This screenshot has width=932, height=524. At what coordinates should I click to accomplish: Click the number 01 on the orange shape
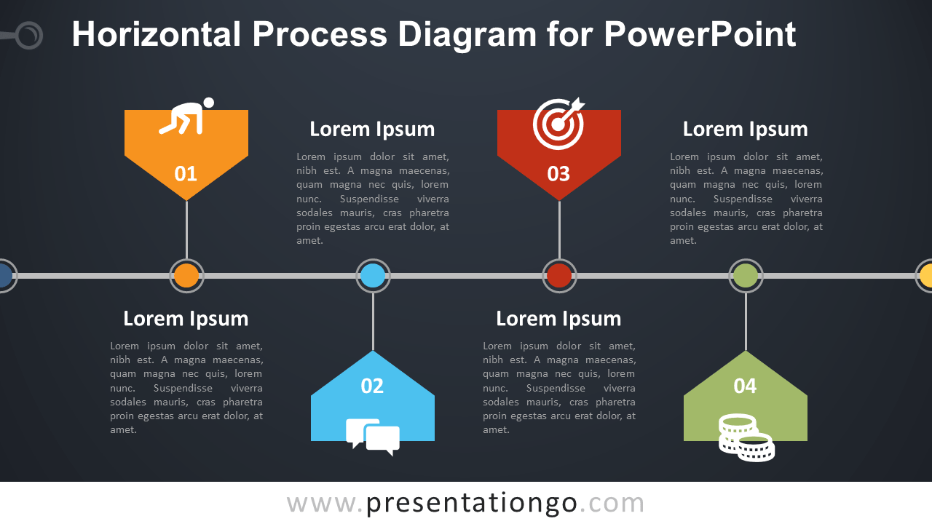(x=186, y=174)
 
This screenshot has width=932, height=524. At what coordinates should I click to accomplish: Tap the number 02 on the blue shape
(x=372, y=386)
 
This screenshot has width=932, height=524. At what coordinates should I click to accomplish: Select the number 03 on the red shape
(x=558, y=174)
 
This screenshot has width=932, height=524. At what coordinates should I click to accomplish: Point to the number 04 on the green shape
(x=745, y=386)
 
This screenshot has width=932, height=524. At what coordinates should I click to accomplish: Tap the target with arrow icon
(x=558, y=122)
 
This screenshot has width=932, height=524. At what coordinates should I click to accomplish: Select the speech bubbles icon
(x=373, y=436)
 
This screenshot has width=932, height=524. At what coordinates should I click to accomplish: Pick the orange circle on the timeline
(x=186, y=276)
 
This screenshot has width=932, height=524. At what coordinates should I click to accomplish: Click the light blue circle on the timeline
(x=373, y=276)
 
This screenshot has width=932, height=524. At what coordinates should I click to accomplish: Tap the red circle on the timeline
(x=559, y=276)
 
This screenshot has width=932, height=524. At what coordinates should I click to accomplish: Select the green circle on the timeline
(x=746, y=276)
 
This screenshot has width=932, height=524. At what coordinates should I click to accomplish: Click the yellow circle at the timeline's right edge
(x=926, y=276)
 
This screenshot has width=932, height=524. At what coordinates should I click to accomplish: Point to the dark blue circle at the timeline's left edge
(x=4, y=276)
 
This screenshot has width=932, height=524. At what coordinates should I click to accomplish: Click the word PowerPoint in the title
(x=700, y=35)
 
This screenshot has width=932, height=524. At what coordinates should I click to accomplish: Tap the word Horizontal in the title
(x=156, y=35)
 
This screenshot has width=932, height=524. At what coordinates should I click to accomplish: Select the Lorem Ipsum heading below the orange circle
(x=186, y=319)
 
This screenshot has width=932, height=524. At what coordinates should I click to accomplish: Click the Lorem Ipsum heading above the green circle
(x=745, y=130)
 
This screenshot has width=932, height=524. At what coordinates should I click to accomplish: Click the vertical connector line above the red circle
(x=559, y=229)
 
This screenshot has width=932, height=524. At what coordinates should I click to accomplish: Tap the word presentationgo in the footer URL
(x=472, y=503)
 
